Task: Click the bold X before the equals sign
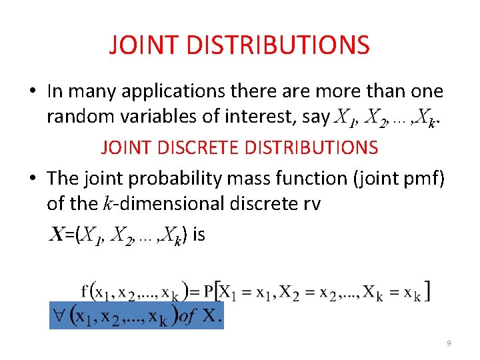click(58, 235)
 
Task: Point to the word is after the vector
click(198, 235)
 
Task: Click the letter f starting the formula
click(84, 291)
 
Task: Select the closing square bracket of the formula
click(427, 291)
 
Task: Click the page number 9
click(449, 343)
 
